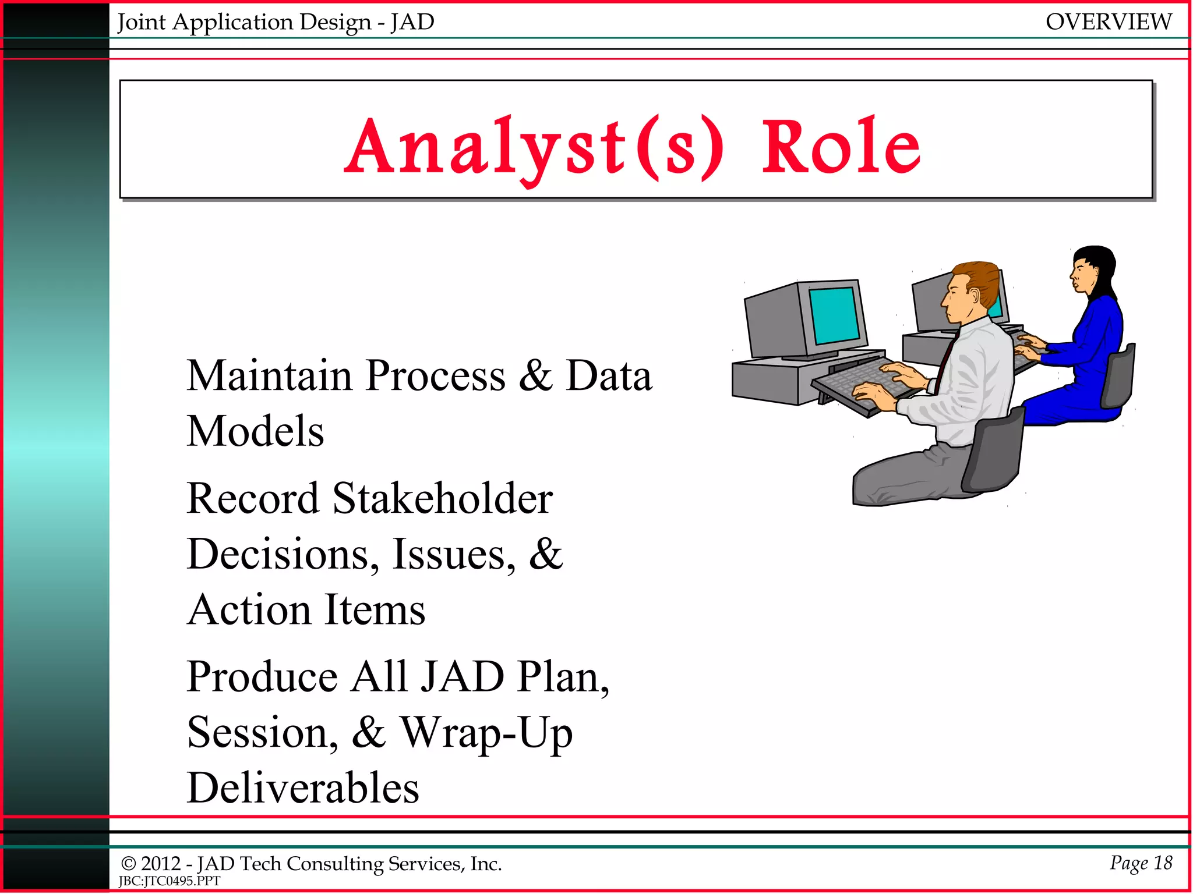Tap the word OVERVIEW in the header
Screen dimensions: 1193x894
(x=1108, y=22)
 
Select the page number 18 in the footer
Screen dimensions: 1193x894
(x=1163, y=863)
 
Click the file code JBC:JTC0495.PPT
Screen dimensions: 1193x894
(x=169, y=881)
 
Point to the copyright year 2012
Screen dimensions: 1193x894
(x=161, y=864)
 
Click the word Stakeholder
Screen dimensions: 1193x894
(x=442, y=499)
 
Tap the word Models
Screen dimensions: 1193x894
(x=255, y=432)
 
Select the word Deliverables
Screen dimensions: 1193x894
(x=303, y=788)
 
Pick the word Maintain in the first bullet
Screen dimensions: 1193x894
(x=269, y=376)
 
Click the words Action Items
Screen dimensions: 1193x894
(x=306, y=610)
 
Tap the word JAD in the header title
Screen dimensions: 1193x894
(x=412, y=22)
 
